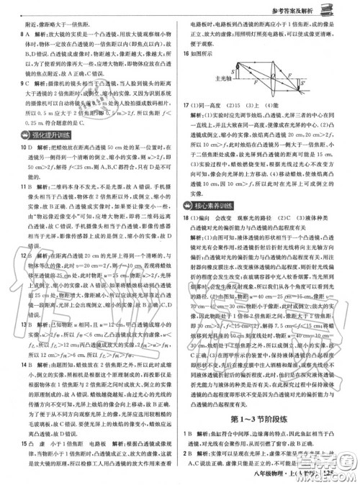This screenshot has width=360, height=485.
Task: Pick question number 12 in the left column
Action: click(9, 255)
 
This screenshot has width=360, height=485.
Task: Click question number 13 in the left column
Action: click(9, 322)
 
